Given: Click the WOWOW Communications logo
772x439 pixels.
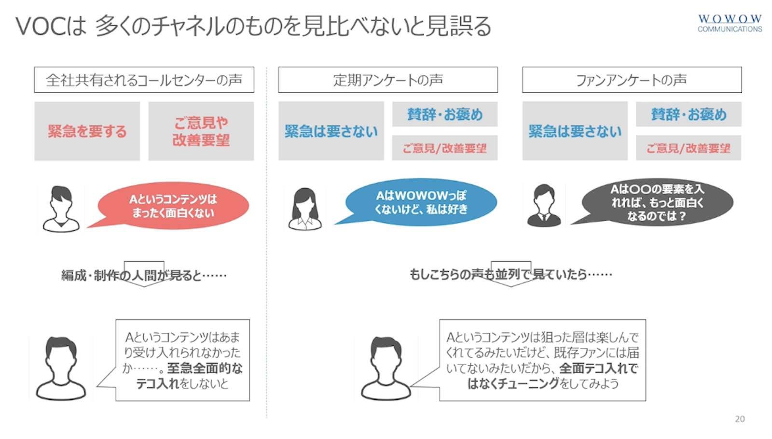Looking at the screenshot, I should (730, 23).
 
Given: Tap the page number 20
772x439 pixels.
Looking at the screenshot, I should (740, 419).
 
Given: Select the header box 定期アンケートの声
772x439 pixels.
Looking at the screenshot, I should (387, 80).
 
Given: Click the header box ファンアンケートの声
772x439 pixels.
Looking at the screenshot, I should (632, 80).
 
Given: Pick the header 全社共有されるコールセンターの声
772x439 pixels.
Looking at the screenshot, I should (144, 80).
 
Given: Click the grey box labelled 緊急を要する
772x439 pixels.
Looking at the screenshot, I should (87, 131).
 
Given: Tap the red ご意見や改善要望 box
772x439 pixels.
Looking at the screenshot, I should (201, 131).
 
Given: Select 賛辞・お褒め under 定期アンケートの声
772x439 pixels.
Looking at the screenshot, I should (444, 114).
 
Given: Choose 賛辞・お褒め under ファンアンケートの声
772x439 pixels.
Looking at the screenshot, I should (689, 114).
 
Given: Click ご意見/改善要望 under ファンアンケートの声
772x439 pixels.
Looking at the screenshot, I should (689, 148).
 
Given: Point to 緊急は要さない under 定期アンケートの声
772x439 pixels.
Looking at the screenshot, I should (331, 131).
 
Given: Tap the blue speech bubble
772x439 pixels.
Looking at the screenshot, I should (421, 202).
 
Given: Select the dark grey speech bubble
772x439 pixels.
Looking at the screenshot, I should (657, 202).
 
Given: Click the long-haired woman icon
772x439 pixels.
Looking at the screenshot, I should (304, 209).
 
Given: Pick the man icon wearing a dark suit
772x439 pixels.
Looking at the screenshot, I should (544, 206).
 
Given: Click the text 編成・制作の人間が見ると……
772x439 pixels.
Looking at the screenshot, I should (144, 275).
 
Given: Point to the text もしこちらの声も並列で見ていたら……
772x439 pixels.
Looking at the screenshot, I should (510, 274).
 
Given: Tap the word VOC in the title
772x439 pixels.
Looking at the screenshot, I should (40, 26).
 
